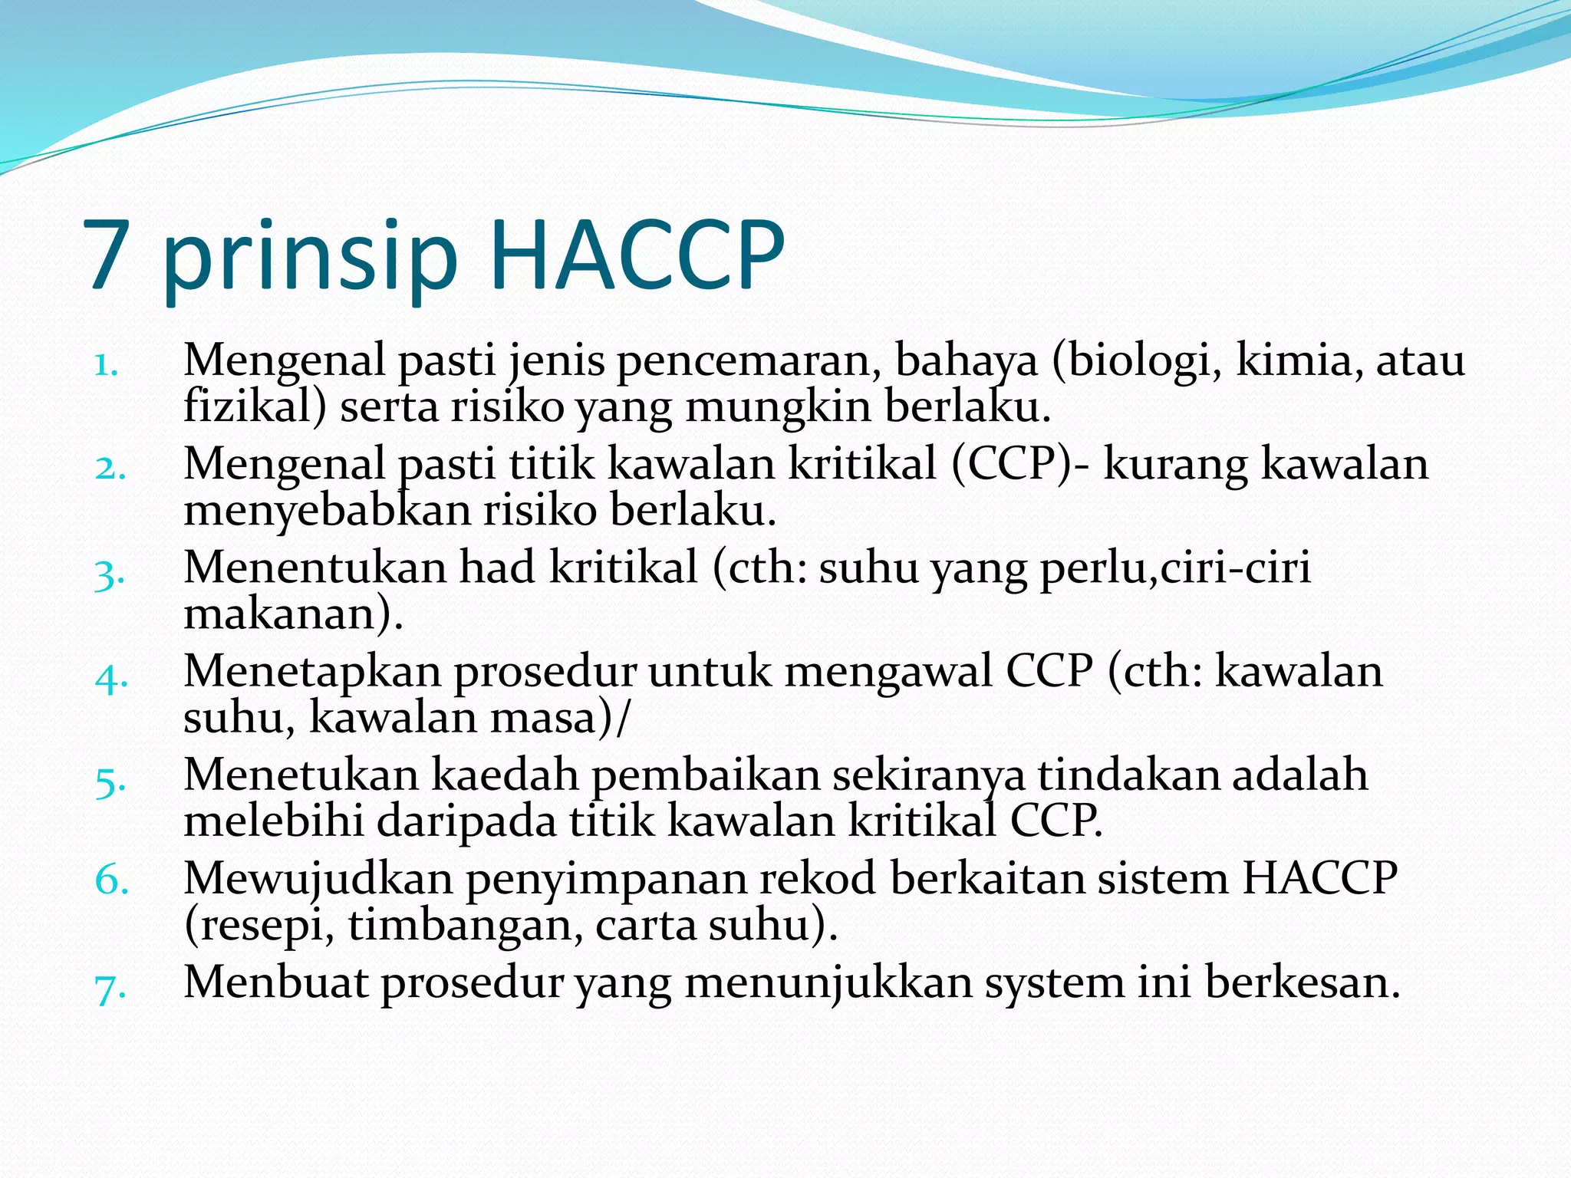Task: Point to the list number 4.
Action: click(x=110, y=677)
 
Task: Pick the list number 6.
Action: click(x=111, y=880)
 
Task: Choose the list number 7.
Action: click(x=110, y=986)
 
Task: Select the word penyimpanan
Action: click(x=606, y=879)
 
